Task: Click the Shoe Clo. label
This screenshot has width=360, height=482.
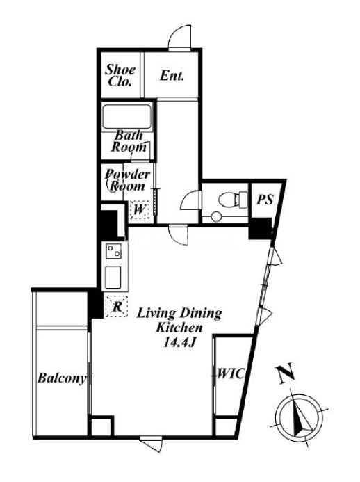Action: click(120, 76)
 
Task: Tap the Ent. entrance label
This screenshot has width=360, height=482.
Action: click(172, 76)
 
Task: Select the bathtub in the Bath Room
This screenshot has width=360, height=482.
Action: click(127, 117)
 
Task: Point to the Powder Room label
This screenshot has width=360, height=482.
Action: click(127, 180)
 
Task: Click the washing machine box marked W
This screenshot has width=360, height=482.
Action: click(140, 209)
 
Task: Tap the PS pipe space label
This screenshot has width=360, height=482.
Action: click(265, 200)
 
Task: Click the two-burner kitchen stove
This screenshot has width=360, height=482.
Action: click(113, 251)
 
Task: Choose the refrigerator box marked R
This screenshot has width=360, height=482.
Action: click(117, 306)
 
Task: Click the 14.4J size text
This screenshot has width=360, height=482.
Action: click(180, 343)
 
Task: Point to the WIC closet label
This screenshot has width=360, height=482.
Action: click(229, 373)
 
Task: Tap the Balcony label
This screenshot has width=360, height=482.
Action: click(61, 378)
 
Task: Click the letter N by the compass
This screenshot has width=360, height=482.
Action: click(286, 373)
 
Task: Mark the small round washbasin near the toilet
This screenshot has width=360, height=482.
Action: click(216, 216)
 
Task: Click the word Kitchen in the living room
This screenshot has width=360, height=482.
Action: click(180, 328)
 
